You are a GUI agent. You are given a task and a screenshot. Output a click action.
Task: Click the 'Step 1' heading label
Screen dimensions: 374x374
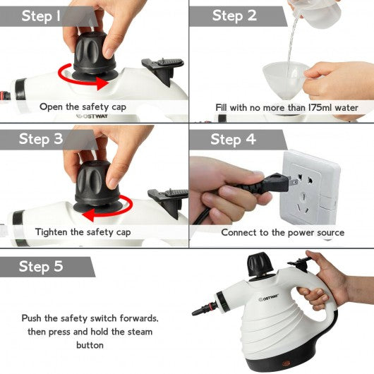[41, 16]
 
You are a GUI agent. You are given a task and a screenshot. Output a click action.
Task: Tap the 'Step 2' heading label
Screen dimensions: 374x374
[234, 16]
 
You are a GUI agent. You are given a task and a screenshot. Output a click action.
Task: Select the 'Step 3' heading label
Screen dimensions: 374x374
[41, 139]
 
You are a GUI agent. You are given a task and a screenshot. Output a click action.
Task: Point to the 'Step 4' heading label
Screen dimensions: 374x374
[233, 139]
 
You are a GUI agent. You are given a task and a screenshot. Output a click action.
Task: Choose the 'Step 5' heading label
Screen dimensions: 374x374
[41, 266]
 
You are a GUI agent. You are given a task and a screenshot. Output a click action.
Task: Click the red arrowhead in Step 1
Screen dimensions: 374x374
[102, 83]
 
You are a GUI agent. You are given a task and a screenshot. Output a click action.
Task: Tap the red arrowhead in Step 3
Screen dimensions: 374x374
[88, 215]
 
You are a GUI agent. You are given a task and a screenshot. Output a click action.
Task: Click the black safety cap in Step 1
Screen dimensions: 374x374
[95, 55]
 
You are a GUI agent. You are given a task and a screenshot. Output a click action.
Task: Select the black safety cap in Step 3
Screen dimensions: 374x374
[97, 186]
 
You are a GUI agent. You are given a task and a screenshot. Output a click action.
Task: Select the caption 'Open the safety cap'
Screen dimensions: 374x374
[83, 107]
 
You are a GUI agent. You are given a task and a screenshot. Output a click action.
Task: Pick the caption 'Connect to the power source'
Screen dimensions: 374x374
[283, 233]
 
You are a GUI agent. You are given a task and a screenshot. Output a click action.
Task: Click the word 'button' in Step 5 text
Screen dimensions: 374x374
[90, 345]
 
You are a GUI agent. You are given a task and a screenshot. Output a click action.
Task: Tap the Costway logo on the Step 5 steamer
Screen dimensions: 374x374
[268, 298]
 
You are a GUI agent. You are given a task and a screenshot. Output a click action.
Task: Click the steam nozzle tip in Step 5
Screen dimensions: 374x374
[194, 313]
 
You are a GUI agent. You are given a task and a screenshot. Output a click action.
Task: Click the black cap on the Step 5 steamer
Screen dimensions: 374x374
[260, 264]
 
